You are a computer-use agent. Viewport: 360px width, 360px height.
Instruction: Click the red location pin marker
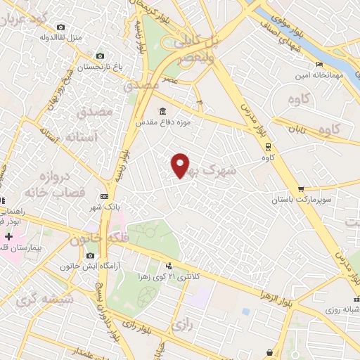pyautogui.click(x=181, y=165)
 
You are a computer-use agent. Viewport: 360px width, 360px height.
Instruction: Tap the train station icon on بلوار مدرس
pyautogui.click(x=268, y=147)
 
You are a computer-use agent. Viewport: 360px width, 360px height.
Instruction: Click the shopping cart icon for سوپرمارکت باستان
pyautogui.click(x=301, y=189)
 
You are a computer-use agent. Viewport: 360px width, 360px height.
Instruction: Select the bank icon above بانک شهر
pyautogui.click(x=105, y=196)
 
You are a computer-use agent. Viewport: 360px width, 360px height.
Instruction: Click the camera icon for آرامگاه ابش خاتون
pyautogui.click(x=90, y=256)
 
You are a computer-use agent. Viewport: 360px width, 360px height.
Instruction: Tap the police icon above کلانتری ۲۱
pyautogui.click(x=169, y=266)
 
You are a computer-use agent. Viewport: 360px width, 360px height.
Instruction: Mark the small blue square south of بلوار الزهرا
pyautogui.click(x=246, y=311)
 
